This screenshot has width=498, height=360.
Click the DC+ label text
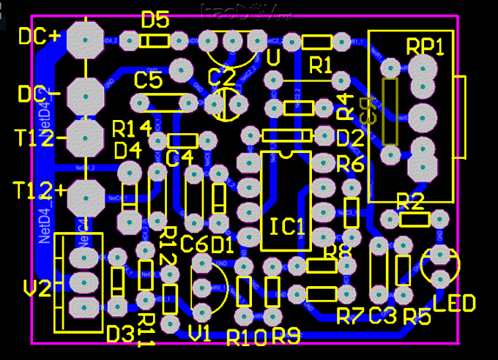(39, 36)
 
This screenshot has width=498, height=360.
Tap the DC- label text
(39, 94)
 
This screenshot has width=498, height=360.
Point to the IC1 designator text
(286, 227)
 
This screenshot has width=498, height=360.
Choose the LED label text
(454, 302)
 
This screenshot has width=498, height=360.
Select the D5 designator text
(155, 20)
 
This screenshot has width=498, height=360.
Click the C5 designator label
(148, 80)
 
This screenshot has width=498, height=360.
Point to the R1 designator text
(320, 64)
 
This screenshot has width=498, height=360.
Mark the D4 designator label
(127, 151)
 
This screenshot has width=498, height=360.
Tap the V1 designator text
(199, 334)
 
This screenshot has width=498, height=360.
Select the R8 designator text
(338, 252)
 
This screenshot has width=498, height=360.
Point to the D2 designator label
(350, 137)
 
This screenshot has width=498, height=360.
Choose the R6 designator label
(350, 165)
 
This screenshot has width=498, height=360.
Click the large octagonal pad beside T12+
(86, 195)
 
